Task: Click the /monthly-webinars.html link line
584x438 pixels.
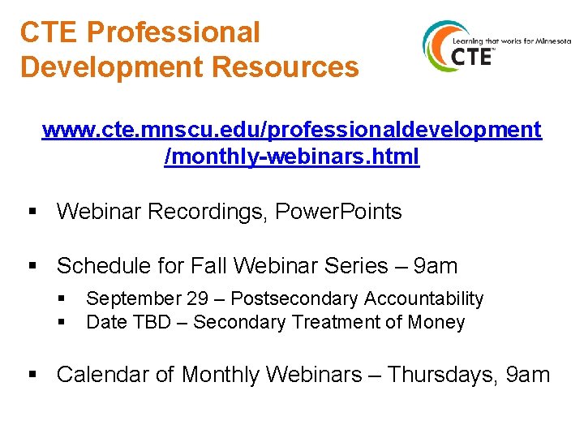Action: (x=292, y=157)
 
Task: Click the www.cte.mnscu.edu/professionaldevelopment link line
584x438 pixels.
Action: (x=292, y=130)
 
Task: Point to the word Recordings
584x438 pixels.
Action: (x=203, y=212)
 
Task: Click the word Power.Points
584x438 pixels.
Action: (x=339, y=212)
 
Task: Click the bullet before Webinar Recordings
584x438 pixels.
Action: (x=33, y=213)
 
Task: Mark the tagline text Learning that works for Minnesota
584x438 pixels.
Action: (x=511, y=41)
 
